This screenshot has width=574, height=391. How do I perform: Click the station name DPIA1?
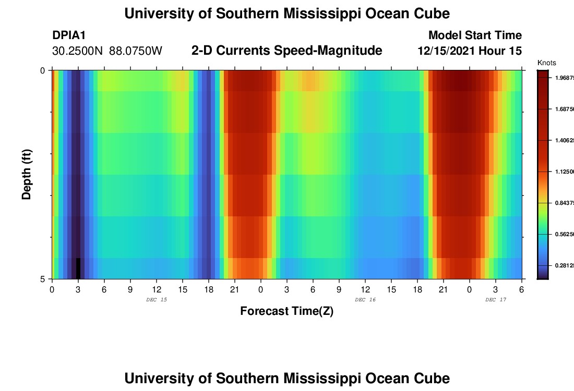click(x=69, y=35)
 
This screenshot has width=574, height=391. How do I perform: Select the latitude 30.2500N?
click(x=78, y=51)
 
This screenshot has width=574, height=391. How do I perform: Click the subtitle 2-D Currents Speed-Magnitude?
click(x=286, y=51)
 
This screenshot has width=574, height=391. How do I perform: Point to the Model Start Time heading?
click(x=475, y=35)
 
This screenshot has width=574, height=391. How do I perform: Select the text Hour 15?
click(x=504, y=51)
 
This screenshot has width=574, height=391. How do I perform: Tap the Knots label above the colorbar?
click(x=546, y=63)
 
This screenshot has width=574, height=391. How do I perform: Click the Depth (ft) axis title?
click(x=27, y=174)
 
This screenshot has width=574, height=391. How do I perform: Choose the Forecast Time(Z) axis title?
click(x=286, y=311)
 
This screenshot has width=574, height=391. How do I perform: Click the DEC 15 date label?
click(x=157, y=300)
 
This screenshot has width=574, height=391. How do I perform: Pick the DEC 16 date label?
click(x=365, y=300)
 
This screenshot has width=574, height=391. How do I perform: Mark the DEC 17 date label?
click(x=496, y=300)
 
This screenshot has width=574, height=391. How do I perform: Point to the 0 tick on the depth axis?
click(x=43, y=70)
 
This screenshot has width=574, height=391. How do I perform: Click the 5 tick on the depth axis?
click(x=43, y=279)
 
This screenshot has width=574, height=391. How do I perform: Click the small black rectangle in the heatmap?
click(x=78, y=268)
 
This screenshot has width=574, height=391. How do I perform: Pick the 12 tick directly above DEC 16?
click(x=365, y=289)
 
